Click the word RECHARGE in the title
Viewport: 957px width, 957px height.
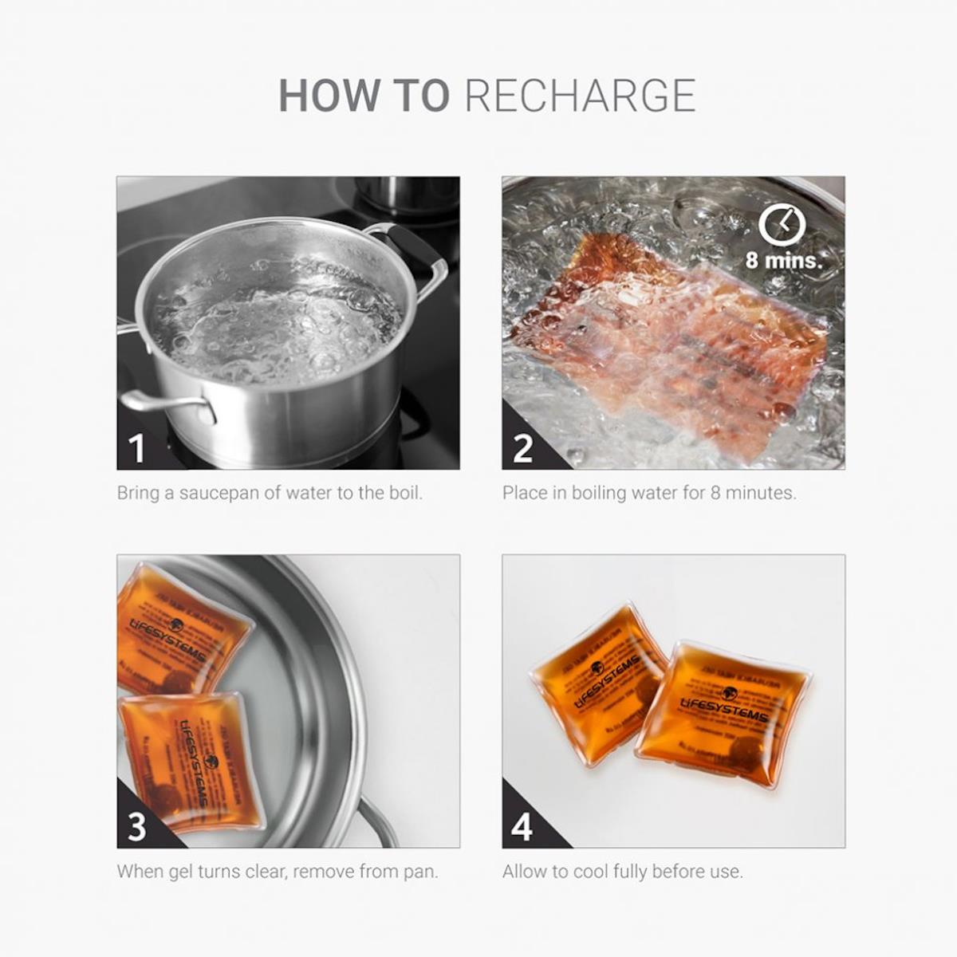pyautogui.click(x=580, y=96)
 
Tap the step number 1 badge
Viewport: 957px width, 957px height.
pyautogui.click(x=137, y=448)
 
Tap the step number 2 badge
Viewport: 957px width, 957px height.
pyautogui.click(x=522, y=448)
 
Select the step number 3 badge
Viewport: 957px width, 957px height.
pyautogui.click(x=137, y=827)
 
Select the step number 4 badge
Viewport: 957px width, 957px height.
pyautogui.click(x=522, y=827)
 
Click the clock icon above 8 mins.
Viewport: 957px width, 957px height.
pyautogui.click(x=782, y=226)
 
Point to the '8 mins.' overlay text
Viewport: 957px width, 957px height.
pyautogui.click(x=782, y=260)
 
